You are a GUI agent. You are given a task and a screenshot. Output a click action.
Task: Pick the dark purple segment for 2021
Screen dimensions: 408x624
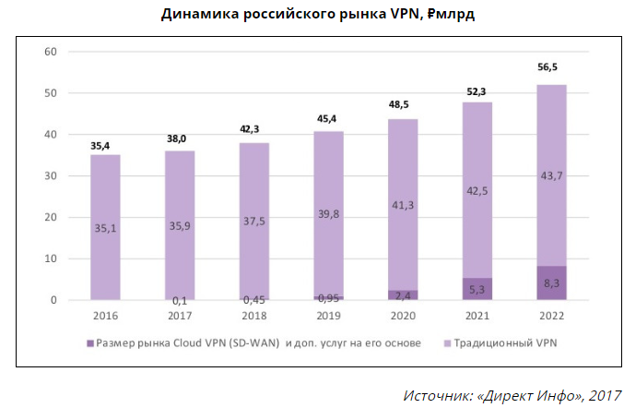(x=477, y=289)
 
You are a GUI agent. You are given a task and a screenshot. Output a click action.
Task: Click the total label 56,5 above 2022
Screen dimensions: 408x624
(x=551, y=67)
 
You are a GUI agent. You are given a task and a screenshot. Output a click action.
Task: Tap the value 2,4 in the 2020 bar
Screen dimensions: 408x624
(x=402, y=295)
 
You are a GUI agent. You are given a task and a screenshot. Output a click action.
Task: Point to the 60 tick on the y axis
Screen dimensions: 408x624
(x=52, y=52)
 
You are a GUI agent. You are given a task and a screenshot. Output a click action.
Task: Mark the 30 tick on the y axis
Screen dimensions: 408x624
(x=52, y=176)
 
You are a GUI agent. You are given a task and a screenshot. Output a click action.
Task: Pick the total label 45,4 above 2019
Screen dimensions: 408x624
(x=328, y=118)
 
